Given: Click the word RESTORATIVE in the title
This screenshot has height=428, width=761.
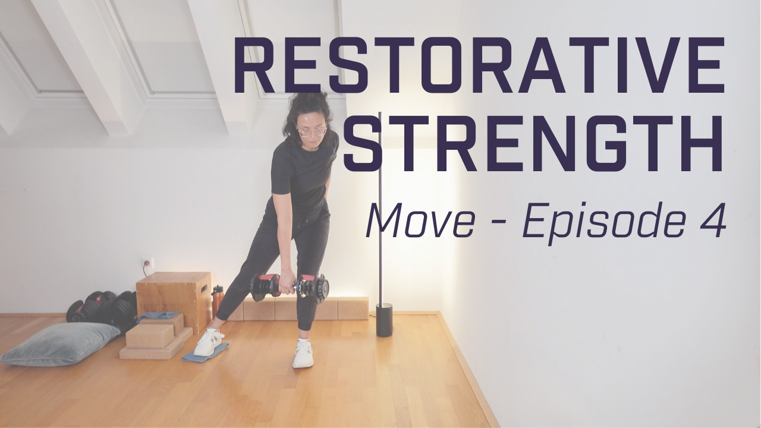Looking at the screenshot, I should point(479,65).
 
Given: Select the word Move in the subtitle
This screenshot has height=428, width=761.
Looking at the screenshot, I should point(420,221).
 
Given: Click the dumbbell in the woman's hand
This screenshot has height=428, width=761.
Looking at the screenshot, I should point(290,287).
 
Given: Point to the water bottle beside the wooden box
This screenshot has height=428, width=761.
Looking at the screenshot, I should point(218,300).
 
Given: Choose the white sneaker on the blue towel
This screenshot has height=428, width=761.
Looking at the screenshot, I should point(209,342).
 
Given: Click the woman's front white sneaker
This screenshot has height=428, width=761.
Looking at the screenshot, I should point(303,353).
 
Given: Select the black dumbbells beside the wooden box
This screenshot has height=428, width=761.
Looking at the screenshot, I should point(101,307).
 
